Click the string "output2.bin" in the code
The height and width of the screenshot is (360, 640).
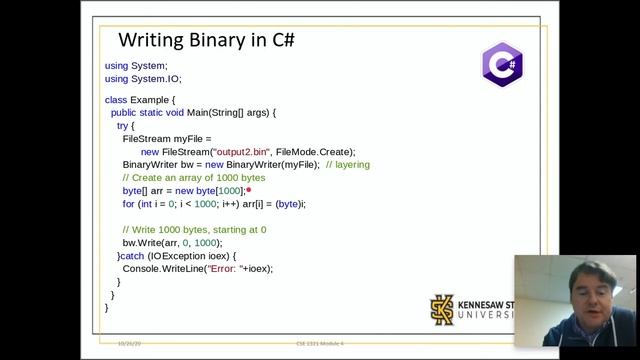coord(232,151)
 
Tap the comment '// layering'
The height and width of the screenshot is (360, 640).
coord(348,164)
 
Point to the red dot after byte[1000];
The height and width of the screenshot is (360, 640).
coord(248,190)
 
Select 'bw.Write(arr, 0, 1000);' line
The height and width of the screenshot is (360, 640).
coord(172,243)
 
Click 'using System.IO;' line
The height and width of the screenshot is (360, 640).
coord(143,78)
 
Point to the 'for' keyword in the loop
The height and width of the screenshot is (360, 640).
coord(128,204)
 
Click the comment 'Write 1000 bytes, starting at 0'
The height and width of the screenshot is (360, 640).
coord(194,230)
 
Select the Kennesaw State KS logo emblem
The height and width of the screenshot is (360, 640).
coord(442,310)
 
